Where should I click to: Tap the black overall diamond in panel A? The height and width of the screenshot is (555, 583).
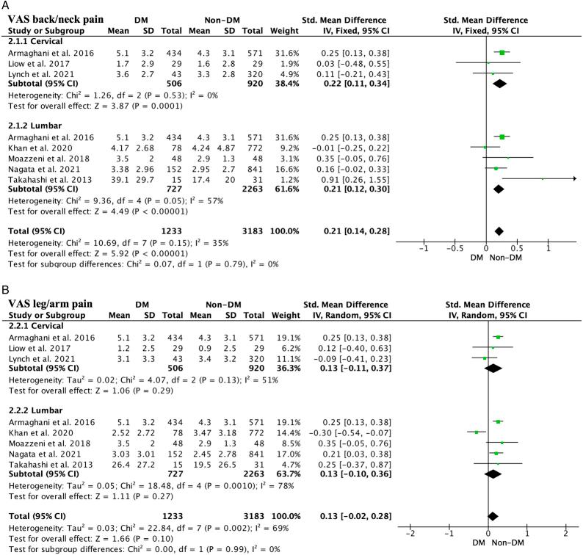tap(499, 231)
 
